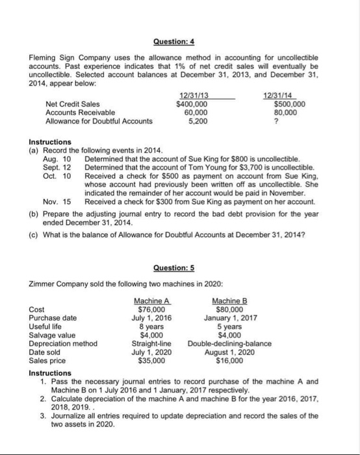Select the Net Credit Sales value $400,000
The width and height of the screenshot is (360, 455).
tap(192, 104)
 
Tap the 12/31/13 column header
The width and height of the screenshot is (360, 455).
tap(192, 96)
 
